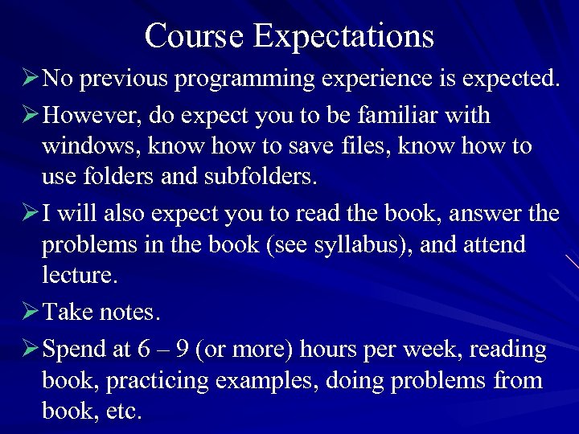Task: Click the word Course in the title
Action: tap(194, 36)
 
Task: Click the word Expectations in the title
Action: tap(343, 36)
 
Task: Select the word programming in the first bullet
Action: tap(231, 80)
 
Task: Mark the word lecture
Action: tap(79, 275)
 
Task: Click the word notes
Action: tap(127, 312)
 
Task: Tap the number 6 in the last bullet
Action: tap(143, 350)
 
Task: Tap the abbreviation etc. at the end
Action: tap(125, 411)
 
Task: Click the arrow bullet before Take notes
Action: tap(30, 311)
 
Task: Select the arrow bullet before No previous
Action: tap(30, 79)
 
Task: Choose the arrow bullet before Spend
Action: tap(30, 349)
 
